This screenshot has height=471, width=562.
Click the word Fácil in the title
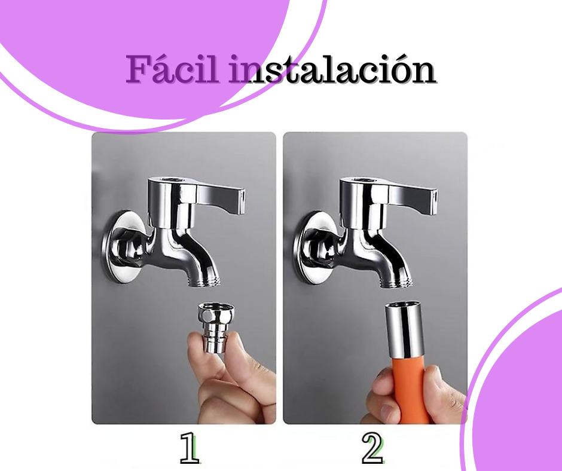[x=172, y=69]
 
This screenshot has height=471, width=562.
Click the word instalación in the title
[x=332, y=69]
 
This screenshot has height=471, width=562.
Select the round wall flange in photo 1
[x=122, y=247]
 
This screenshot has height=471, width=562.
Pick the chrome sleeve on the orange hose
[x=405, y=330]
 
